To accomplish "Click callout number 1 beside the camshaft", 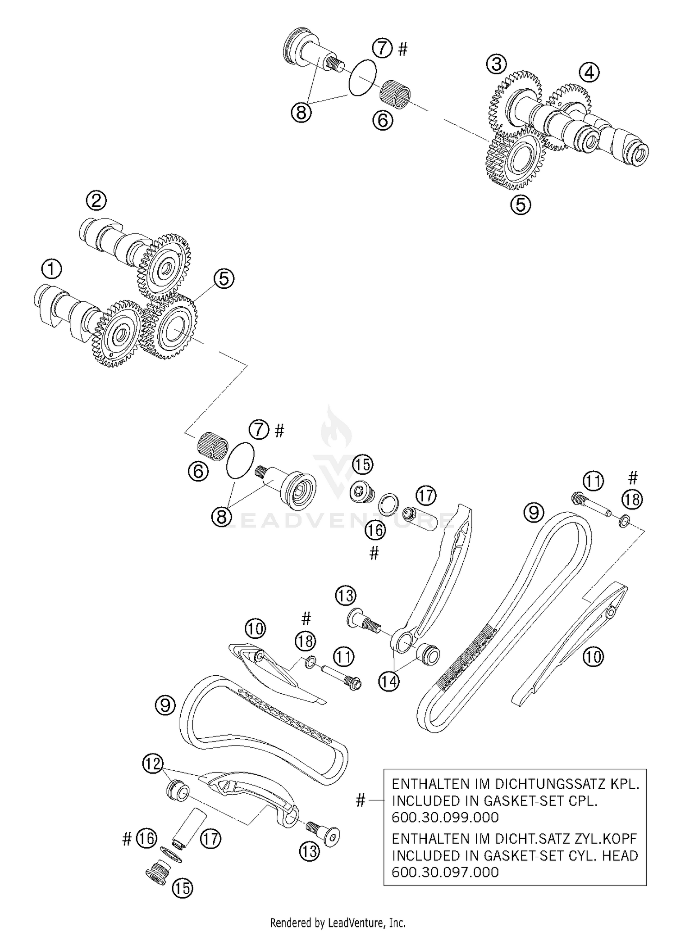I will tap(51, 270).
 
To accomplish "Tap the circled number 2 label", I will tap(96, 200).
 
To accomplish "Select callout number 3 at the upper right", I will tap(496, 64).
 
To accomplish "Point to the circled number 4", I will tap(590, 72).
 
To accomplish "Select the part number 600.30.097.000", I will tap(445, 884).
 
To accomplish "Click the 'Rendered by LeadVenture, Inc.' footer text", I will tap(338, 923).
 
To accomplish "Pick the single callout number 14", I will tap(388, 682).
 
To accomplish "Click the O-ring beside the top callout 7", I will tap(363, 77).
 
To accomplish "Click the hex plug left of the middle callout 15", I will tap(361, 492).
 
